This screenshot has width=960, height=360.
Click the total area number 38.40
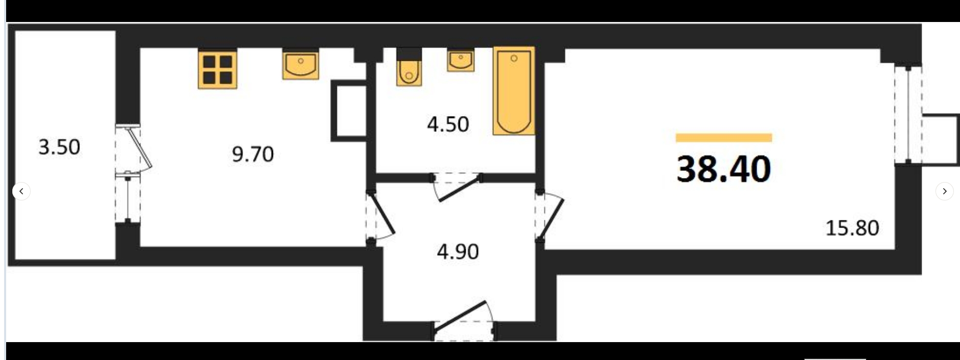[723, 169]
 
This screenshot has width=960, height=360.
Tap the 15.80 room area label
[852, 228]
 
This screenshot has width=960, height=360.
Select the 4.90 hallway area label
[458, 252]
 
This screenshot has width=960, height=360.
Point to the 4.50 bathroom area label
[448, 124]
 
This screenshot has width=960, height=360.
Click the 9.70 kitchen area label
[253, 154]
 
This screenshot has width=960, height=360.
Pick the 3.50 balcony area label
[59, 147]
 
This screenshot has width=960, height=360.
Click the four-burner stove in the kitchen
[217, 69]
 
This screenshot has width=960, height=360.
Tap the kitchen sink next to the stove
[301, 64]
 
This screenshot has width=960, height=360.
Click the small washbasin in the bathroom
[461, 60]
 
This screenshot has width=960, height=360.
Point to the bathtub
[514, 91]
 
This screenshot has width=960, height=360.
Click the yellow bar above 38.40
[723, 138]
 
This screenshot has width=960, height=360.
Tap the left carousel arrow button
[21, 191]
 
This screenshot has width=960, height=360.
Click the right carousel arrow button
[944, 191]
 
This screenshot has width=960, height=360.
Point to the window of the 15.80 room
[908, 115]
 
